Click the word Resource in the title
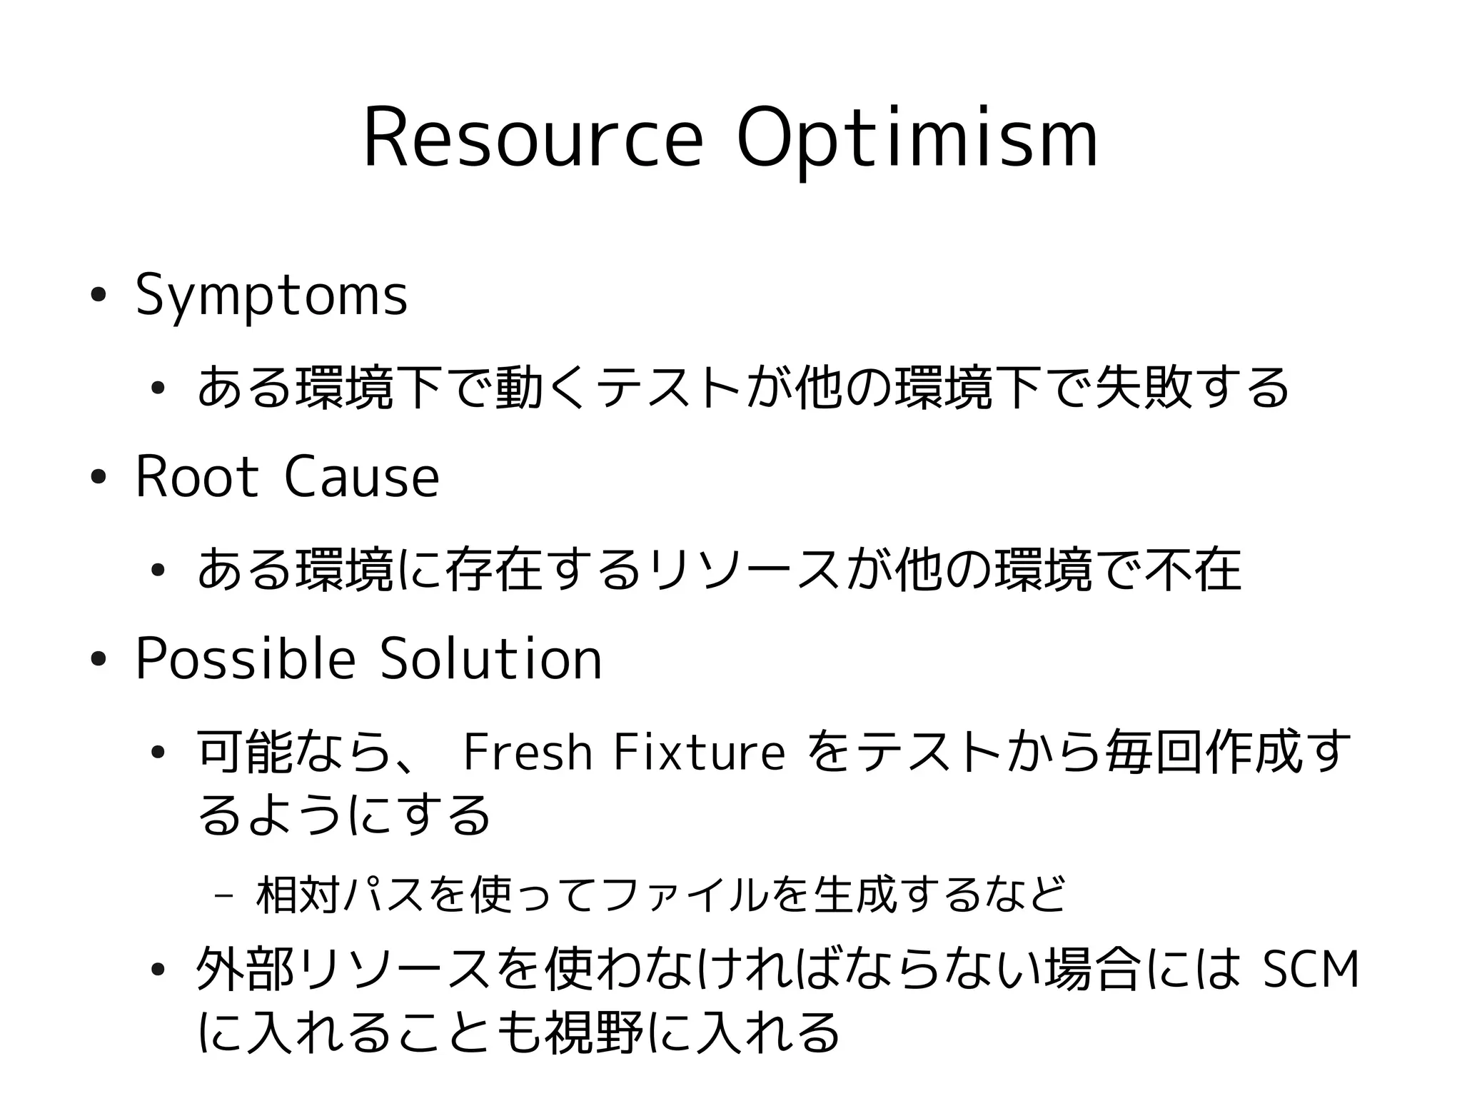click(533, 139)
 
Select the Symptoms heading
click(271, 295)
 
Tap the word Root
click(196, 477)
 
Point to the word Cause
click(362, 477)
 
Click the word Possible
click(245, 658)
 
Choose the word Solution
click(491, 658)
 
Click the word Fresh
click(528, 753)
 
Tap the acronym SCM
click(1311, 971)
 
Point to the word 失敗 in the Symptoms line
click(1144, 387)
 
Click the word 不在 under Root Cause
click(1193, 569)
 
